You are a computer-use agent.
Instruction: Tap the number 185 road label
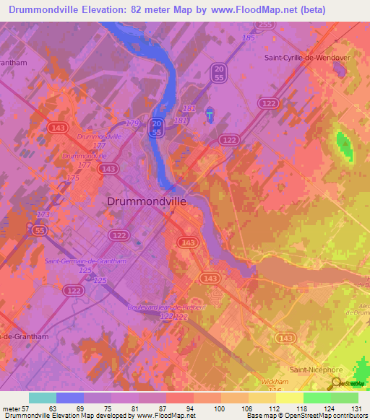point(249,38)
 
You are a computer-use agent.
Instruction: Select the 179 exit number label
point(132,123)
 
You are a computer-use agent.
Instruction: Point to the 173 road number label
point(43,215)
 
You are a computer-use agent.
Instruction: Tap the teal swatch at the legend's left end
point(42,398)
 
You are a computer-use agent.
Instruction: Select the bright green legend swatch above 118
point(317,398)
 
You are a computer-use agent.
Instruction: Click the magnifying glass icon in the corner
point(336,384)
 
